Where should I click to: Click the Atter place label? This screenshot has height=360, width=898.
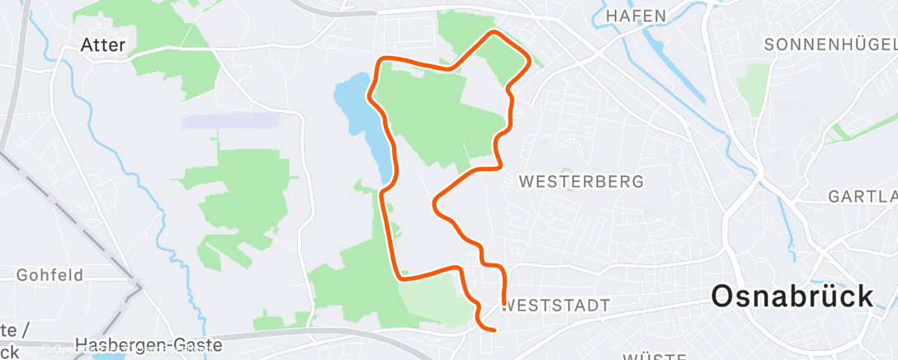click(103, 45)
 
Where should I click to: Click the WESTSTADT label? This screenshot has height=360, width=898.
click(556, 306)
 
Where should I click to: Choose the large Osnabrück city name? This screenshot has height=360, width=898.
click(792, 296)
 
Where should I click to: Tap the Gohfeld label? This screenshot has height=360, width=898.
click(50, 275)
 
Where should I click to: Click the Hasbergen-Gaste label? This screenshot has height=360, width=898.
click(148, 344)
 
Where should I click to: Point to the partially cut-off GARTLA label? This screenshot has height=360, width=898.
click(863, 197)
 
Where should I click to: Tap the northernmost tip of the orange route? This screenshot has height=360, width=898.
click(494, 32)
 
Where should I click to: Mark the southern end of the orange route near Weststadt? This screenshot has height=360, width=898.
click(493, 330)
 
